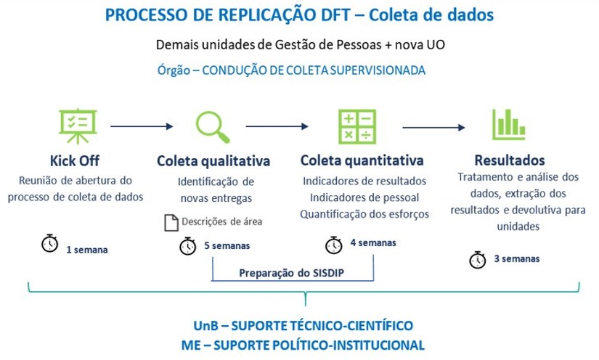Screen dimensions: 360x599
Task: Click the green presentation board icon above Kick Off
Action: point(76,126)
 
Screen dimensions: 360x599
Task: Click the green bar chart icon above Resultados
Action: point(508,124)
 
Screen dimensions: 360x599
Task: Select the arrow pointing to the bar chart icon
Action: point(433,128)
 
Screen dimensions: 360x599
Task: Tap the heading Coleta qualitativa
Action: point(213,160)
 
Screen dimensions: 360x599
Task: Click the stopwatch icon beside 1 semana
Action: point(49,244)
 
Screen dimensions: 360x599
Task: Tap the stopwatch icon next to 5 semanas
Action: point(187,246)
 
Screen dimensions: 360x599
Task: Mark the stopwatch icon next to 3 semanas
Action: point(478,259)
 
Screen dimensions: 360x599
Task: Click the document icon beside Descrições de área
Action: point(171,223)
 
